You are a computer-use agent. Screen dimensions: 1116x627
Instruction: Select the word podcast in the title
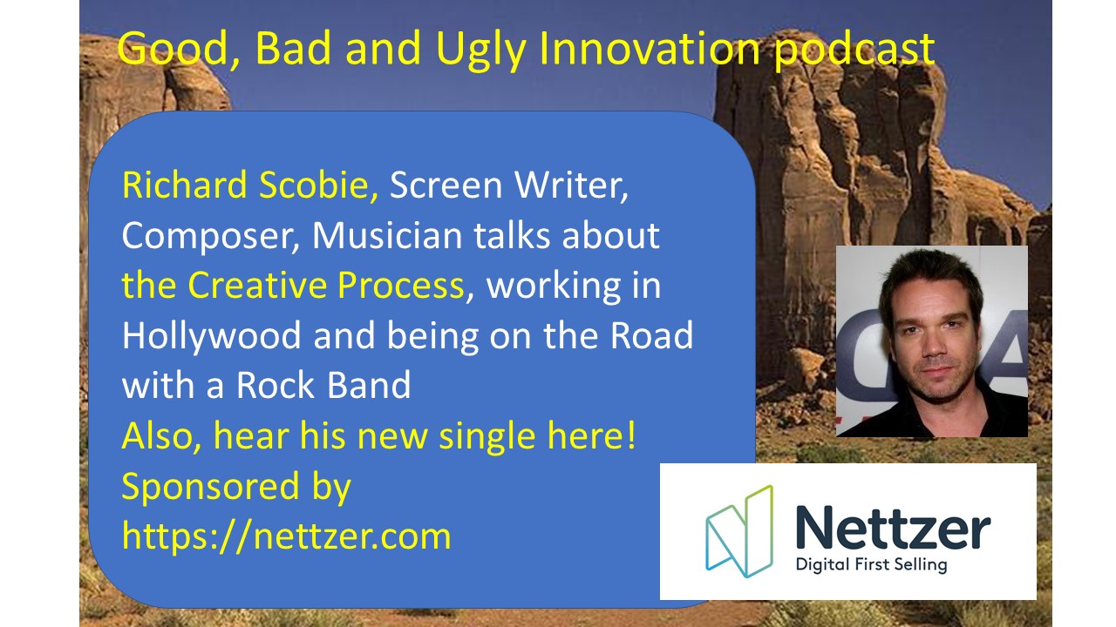(854, 50)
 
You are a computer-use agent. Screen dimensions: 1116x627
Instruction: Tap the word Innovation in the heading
(650, 48)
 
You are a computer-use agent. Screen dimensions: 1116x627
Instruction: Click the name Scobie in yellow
(318, 185)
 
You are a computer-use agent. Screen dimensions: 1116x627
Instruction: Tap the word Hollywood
(211, 337)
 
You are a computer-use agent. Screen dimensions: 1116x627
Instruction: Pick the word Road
(651, 335)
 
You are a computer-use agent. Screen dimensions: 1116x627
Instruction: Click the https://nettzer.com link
(287, 536)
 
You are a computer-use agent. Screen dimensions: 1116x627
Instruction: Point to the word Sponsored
(210, 488)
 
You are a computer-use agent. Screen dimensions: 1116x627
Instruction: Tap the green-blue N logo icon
(739, 531)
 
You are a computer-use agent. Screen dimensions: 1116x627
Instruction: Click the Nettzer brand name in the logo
(893, 527)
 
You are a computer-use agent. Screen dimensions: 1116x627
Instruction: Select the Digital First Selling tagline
(871, 565)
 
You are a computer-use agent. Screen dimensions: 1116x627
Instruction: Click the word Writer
(571, 185)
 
